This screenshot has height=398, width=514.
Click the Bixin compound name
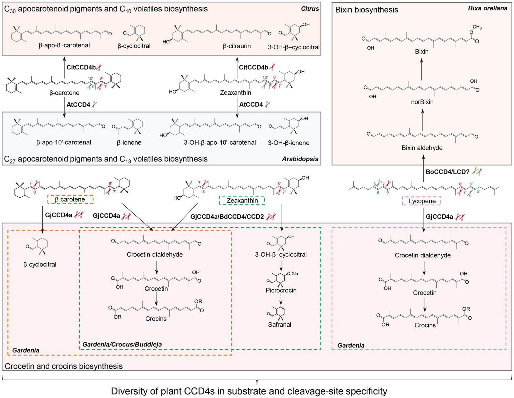tap(422, 52)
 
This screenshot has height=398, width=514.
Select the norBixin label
tap(422, 102)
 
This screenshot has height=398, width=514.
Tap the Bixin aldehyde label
tap(422, 148)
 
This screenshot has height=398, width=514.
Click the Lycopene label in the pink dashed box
tap(422, 201)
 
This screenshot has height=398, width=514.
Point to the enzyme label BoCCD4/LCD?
tap(448, 172)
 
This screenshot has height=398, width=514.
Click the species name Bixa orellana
tap(488, 8)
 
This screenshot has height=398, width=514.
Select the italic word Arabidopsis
tap(300, 159)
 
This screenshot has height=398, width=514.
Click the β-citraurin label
tap(237, 46)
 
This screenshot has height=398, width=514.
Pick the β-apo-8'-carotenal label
tap(64, 45)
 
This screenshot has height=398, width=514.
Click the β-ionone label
tap(129, 143)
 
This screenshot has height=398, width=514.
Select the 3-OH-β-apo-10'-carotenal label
tap(220, 143)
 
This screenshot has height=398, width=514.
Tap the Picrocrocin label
tap(281, 290)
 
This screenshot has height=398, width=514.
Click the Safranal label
tap(280, 325)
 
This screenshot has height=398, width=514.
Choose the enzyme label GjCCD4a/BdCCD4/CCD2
tap(227, 217)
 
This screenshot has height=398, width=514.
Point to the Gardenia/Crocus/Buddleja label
tap(122, 344)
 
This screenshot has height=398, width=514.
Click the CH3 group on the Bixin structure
tap(477, 27)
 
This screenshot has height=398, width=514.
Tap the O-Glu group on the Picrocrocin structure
tap(292, 274)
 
